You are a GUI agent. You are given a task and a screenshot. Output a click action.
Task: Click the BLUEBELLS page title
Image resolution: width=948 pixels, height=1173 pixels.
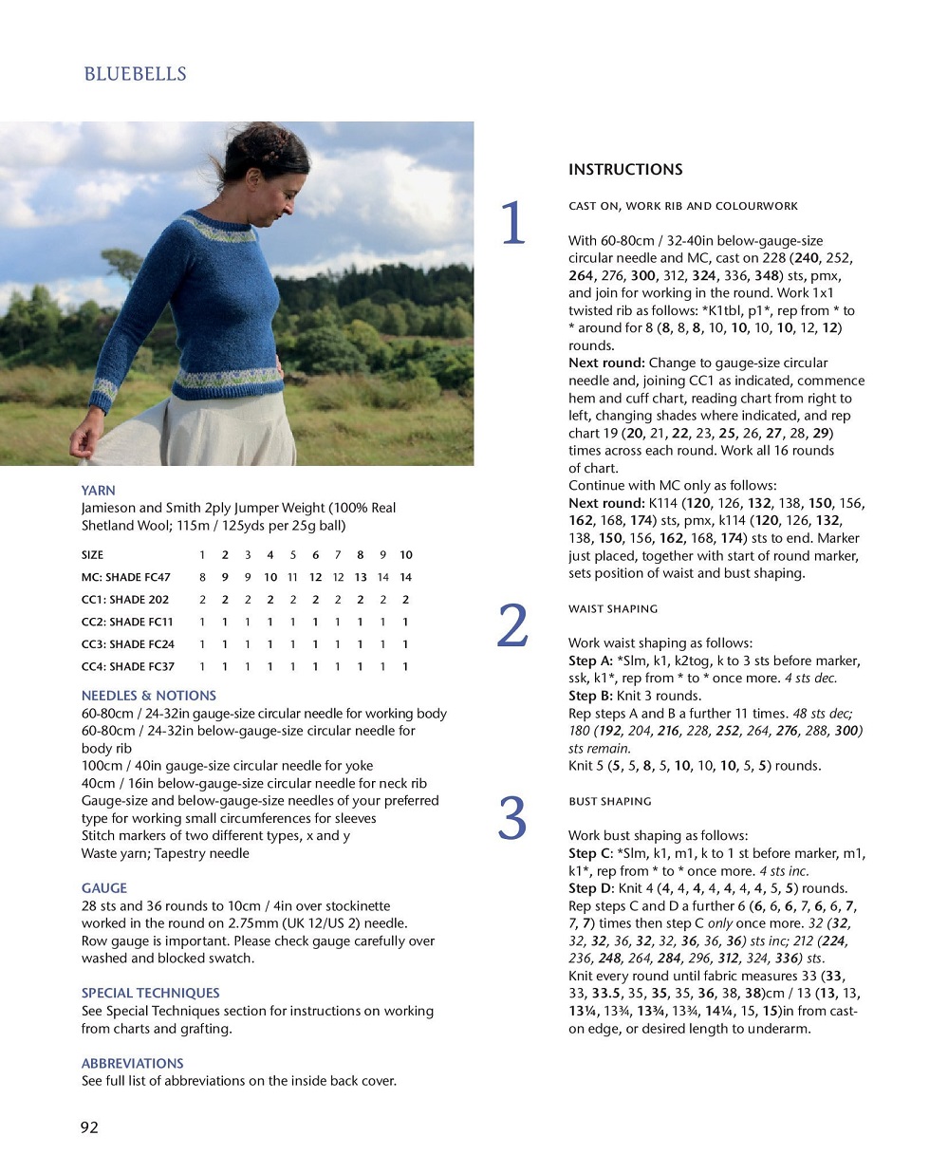click(135, 74)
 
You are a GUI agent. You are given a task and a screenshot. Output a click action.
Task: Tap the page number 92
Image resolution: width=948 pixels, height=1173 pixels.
click(89, 1127)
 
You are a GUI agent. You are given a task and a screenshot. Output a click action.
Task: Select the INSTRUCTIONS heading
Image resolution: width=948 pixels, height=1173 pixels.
click(625, 170)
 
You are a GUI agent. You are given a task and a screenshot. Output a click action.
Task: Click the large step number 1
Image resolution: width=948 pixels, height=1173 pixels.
click(512, 224)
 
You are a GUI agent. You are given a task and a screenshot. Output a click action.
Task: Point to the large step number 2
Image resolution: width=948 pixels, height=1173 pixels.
click(512, 626)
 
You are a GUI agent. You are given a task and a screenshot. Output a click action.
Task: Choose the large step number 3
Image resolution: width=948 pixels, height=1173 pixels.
click(512, 819)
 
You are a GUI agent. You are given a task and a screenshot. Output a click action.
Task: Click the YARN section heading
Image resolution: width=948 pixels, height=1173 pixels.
click(99, 491)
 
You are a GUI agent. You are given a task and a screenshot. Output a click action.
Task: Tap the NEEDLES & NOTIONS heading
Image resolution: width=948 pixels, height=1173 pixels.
click(149, 696)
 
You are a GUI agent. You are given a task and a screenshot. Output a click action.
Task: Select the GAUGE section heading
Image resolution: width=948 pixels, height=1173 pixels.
click(104, 888)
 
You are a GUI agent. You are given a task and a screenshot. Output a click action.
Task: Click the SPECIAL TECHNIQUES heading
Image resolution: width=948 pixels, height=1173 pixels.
click(150, 993)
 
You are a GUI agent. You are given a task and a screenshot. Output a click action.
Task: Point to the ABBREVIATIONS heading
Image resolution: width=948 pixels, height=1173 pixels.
click(133, 1064)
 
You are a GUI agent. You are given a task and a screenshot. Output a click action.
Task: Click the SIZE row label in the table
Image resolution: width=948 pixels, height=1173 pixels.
click(93, 555)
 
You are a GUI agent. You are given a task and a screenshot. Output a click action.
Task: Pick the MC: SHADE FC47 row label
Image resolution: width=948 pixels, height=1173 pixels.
click(126, 577)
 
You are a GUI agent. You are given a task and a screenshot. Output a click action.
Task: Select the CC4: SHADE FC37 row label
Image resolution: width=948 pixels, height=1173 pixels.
click(128, 666)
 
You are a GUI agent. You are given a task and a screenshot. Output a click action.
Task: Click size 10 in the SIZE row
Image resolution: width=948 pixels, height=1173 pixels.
click(406, 555)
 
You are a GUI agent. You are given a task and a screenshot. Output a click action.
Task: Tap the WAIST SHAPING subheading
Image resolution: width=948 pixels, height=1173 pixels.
click(613, 609)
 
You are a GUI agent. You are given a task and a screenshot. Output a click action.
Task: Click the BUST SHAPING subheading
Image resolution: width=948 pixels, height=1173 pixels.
click(610, 802)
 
